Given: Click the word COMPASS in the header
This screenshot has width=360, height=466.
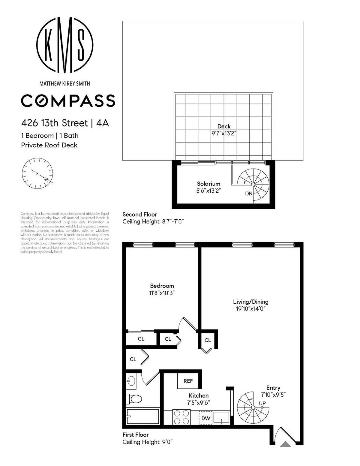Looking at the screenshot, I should click(x=68, y=101).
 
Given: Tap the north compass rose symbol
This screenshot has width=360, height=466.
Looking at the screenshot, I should click(x=37, y=173).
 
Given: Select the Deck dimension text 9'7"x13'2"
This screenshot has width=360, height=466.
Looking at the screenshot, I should click(x=224, y=134).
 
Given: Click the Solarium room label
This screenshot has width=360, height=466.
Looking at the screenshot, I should click(x=208, y=184).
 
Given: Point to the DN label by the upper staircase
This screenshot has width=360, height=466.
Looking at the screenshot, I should click(x=249, y=194).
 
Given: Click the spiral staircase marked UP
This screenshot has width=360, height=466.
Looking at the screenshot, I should click(x=253, y=407).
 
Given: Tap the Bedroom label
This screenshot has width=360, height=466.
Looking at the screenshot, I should click(x=162, y=286).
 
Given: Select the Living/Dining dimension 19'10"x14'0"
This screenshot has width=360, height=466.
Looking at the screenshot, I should click(x=250, y=309).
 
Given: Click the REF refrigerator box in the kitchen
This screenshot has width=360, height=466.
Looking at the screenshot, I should click(x=188, y=381).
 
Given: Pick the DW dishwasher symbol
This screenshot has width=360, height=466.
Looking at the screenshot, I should click(x=206, y=418).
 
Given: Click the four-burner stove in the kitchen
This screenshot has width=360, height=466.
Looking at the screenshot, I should click(x=181, y=418).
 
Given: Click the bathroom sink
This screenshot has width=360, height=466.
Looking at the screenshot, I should click(x=131, y=381).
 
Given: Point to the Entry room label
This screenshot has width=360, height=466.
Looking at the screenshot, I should click(x=273, y=388).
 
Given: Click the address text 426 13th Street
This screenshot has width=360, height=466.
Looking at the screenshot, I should click(x=54, y=123).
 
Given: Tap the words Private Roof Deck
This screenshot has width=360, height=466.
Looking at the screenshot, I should click(x=49, y=145).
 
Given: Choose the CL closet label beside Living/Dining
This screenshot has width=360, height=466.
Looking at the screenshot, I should click(x=208, y=340).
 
